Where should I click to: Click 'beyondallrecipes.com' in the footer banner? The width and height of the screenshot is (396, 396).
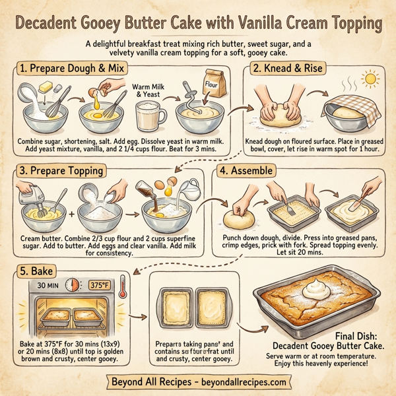[239, 381]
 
